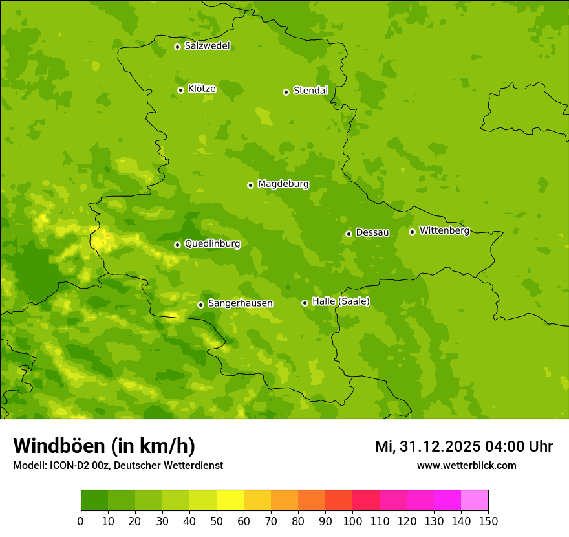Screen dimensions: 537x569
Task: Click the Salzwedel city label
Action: [207, 46]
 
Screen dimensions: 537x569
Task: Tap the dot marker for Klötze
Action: [180, 90]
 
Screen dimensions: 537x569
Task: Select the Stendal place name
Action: [310, 91]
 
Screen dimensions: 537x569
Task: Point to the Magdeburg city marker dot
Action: [250, 185]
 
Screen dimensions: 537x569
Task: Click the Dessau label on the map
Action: [372, 232]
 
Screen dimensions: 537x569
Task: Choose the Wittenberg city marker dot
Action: [412, 232]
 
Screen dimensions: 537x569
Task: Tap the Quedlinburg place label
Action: [212, 244]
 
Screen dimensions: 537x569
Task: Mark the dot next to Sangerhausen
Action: [200, 305]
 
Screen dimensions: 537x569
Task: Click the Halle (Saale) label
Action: [341, 301]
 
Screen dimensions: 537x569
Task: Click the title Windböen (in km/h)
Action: [104, 446]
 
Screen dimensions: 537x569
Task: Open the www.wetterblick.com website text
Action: [466, 465]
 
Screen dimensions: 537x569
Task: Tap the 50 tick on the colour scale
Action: [217, 521]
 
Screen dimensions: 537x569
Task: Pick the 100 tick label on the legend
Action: [352, 521]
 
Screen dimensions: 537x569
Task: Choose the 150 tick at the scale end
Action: [488, 521]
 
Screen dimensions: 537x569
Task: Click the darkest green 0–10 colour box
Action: [94, 501]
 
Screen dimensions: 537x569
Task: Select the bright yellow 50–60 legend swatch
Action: [230, 501]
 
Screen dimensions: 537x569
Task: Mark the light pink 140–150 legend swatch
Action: [475, 501]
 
